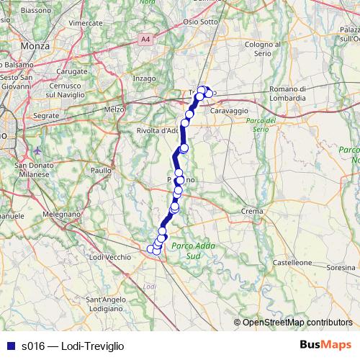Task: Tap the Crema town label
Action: click(x=251, y=211)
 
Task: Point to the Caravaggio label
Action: click(x=230, y=111)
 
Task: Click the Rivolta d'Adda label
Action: click(x=158, y=131)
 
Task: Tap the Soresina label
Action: click(x=341, y=267)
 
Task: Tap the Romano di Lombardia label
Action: click(x=288, y=93)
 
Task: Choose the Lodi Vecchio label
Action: click(x=109, y=257)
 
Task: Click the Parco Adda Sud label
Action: click(x=186, y=251)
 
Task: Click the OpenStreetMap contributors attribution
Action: click(x=297, y=322)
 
